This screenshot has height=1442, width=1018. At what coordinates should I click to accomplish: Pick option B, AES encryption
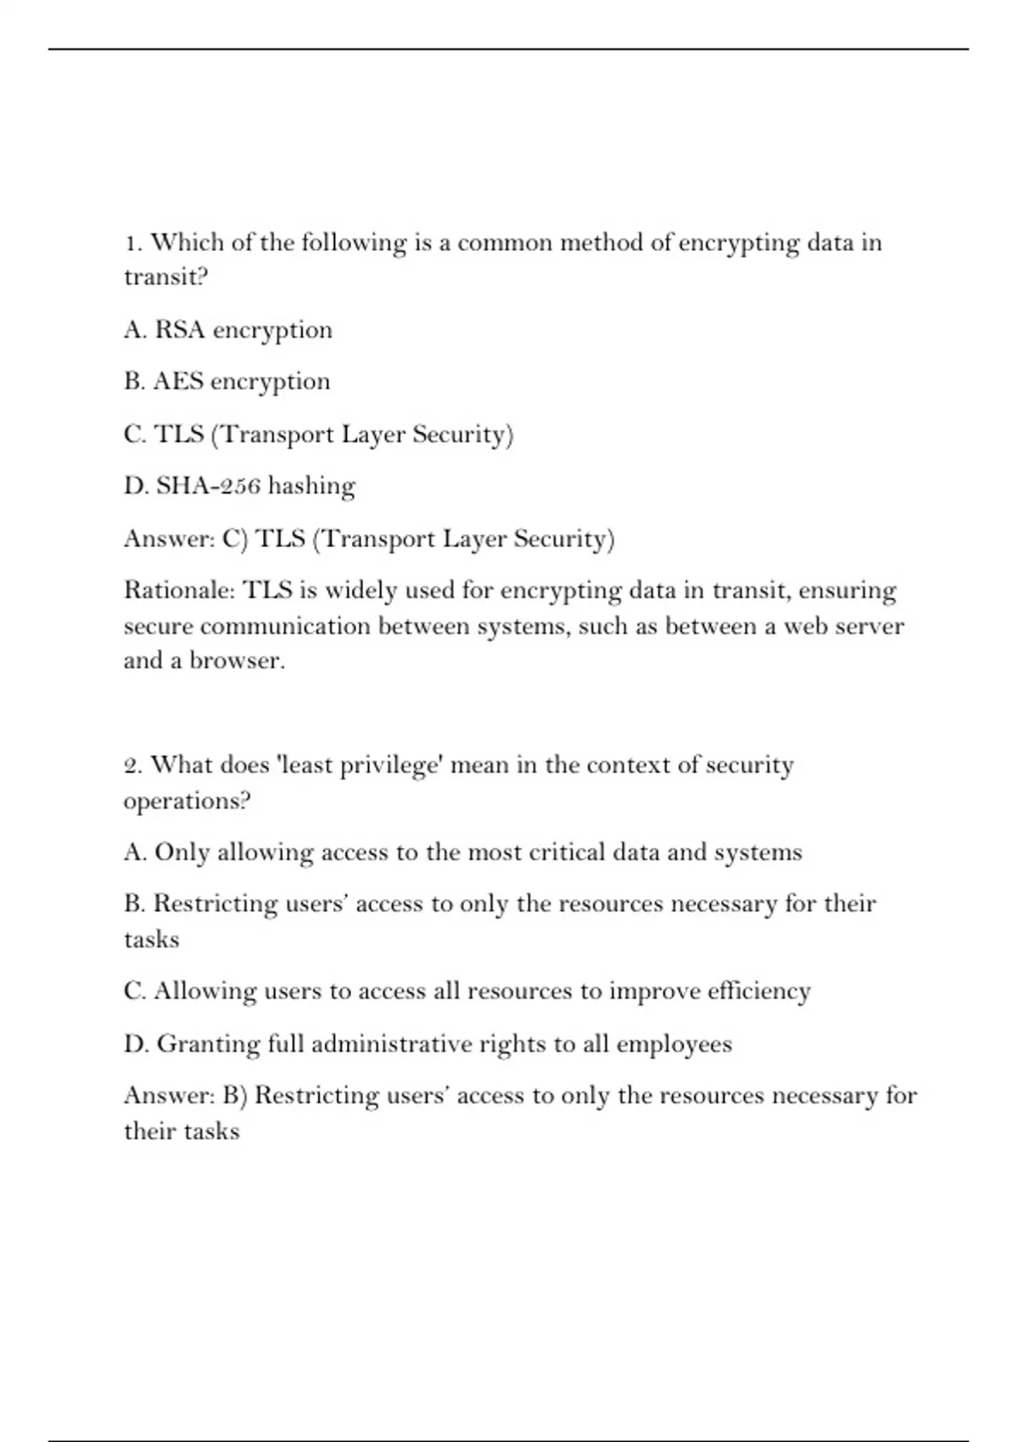227,382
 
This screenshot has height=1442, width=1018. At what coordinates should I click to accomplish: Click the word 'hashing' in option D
311,486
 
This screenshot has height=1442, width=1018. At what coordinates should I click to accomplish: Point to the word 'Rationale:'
179,590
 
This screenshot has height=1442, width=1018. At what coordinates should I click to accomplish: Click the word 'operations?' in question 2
187,802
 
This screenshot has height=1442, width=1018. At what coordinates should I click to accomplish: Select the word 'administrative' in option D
391,1043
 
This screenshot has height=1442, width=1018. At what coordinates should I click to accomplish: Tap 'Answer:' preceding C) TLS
169,539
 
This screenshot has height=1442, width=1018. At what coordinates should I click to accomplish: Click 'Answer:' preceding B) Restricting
169,1096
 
